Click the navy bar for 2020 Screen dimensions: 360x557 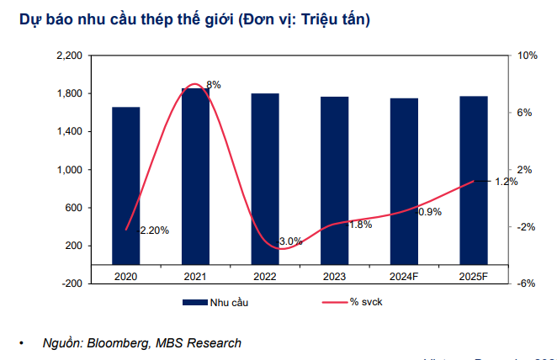(126, 185)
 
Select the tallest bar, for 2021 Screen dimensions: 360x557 (196, 176)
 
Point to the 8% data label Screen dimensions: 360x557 (214, 85)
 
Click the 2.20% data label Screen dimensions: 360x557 (155, 230)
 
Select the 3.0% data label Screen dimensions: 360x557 (290, 241)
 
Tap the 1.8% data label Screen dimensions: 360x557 (360, 225)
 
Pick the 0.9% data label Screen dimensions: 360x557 (429, 212)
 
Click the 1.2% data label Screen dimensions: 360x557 (506, 182)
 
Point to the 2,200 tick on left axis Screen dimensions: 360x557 (69, 56)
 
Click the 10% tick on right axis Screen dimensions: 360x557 (528, 56)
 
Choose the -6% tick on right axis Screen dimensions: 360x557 (528, 283)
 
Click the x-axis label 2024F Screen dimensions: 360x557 (404, 275)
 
